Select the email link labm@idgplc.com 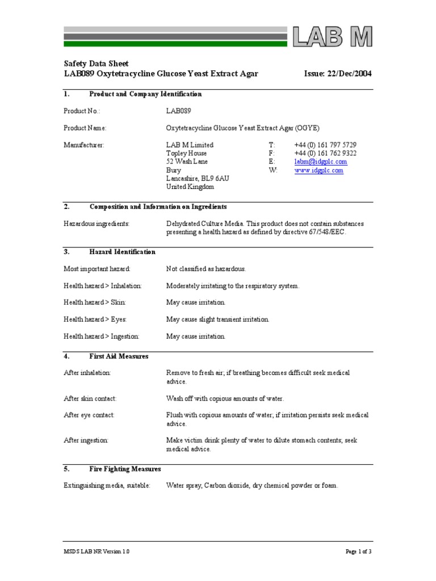tap(320, 162)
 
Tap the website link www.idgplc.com tap(318, 170)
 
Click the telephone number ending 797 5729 tap(325, 145)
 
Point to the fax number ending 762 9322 tap(325, 153)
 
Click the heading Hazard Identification tap(122, 252)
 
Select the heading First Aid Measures tap(119, 356)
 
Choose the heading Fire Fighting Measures tap(125, 469)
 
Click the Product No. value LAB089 tap(179, 111)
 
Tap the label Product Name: tap(85, 128)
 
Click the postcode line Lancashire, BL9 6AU tap(198, 178)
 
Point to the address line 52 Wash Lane tap(186, 162)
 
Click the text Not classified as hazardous tap(206, 269)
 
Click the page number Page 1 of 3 tap(358, 551)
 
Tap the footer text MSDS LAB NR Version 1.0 tap(97, 551)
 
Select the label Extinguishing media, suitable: tap(107, 486)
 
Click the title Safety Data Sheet tap(96, 64)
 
